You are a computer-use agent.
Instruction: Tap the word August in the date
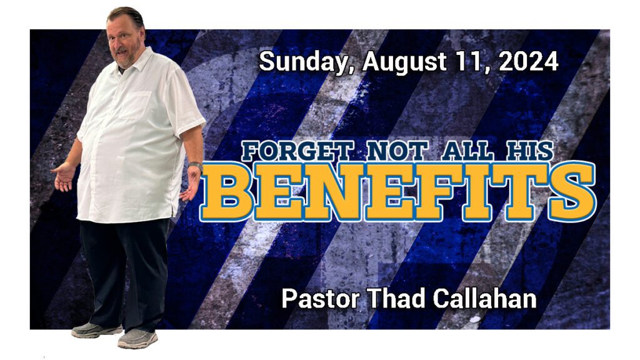(404, 62)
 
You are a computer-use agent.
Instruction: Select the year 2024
(528, 62)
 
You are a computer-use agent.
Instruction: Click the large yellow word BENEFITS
(398, 191)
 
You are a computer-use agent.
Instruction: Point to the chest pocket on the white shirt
(135, 105)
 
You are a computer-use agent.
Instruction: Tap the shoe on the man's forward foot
(137, 339)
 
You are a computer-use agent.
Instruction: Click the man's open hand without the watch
(64, 177)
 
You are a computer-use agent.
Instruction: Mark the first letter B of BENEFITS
(226, 191)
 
